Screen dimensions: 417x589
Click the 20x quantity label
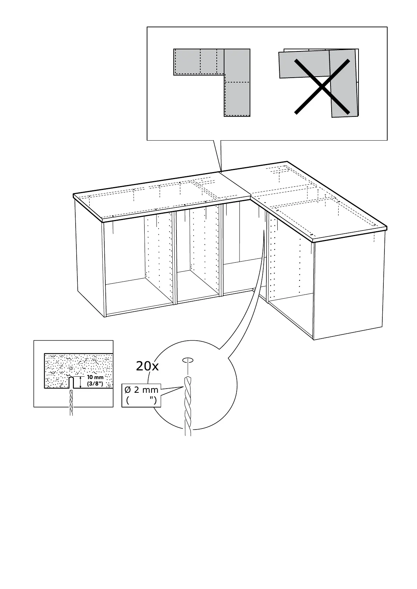tap(147, 366)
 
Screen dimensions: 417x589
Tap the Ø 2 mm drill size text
tap(141, 390)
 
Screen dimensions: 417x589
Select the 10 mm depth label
tap(95, 377)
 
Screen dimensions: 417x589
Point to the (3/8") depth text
tap(95, 384)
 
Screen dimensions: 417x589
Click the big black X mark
tap(322, 86)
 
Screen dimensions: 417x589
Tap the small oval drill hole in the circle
tap(188, 360)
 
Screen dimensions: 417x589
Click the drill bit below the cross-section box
tap(71, 402)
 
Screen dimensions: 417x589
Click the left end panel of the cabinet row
tap(89, 259)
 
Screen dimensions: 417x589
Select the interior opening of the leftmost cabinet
tap(137, 266)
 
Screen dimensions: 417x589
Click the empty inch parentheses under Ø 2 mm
tap(141, 400)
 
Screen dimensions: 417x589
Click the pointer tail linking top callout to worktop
tap(217, 156)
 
